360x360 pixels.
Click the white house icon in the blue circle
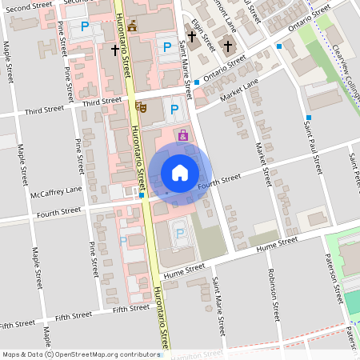pyautogui.click(x=179, y=173)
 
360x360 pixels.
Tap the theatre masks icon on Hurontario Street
pyautogui.click(x=142, y=106)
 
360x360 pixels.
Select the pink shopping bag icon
pyautogui.click(x=183, y=135)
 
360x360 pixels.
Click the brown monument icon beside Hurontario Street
pyautogui.click(x=132, y=26)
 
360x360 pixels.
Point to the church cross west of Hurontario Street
pyautogui.click(x=114, y=50)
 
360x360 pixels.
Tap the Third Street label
pyautogui.click(x=101, y=102)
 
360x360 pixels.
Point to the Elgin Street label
pyautogui.click(x=203, y=36)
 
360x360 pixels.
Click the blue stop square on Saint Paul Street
pyautogui.click(x=308, y=118)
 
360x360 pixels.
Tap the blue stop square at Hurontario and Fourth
pyautogui.click(x=141, y=194)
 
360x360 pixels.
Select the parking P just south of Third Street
pyautogui.click(x=173, y=110)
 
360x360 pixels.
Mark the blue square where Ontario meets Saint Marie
pyautogui.click(x=196, y=82)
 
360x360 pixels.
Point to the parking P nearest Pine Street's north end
pyautogui.click(x=85, y=26)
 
